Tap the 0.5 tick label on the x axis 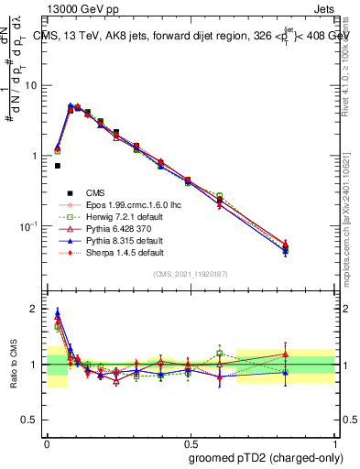coord(190,441)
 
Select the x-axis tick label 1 coord(334,441)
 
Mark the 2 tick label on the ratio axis coord(35,309)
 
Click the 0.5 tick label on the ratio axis coord(31,420)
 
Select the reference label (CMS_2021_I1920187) coord(190,275)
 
